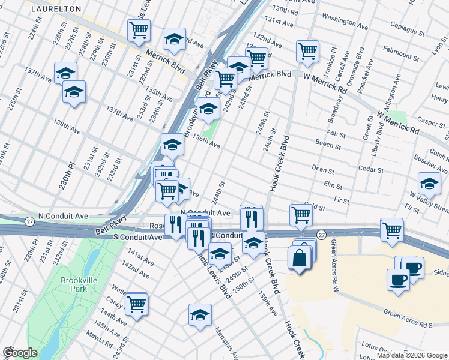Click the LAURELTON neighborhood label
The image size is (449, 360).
pos(56,9)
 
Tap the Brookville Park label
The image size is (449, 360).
pos(74,284)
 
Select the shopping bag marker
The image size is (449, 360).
pos(299,258)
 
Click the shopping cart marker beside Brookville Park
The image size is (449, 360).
pos(137,304)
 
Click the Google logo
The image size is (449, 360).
pos(20,353)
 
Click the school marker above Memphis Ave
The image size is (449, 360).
pos(200,314)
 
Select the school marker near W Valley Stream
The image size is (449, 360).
pos(429,183)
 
